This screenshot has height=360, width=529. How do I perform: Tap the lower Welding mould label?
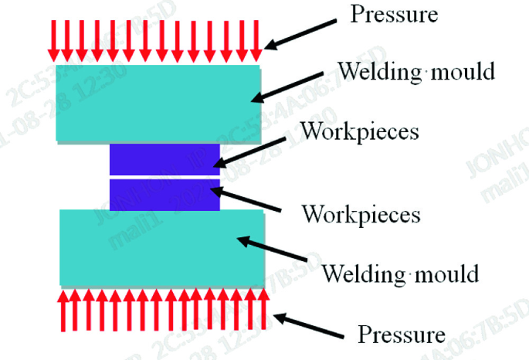pos(400,273)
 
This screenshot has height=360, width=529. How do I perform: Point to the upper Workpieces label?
pos(360,131)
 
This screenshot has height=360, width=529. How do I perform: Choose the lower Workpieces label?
pos(361,212)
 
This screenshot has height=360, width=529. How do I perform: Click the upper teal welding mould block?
pos(158,103)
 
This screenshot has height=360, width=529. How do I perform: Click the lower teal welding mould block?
pos(162,248)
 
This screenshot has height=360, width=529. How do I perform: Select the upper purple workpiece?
pos(164,159)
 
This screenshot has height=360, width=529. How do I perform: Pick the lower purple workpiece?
pos(164,195)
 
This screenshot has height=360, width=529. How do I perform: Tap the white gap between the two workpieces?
pos(164,177)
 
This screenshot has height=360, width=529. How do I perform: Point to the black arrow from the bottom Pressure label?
pos(310,324)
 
